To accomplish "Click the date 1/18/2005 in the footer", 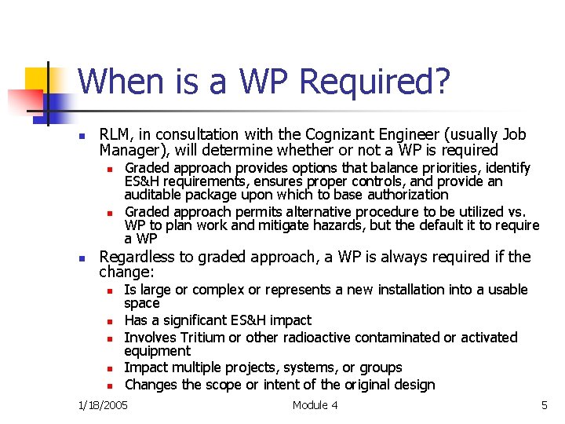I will tap(103, 405).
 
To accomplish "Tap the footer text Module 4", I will tap(315, 405).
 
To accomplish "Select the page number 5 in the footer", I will tap(544, 405).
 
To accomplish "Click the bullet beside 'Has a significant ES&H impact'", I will tap(111, 321).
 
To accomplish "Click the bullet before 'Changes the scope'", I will tap(111, 386).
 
